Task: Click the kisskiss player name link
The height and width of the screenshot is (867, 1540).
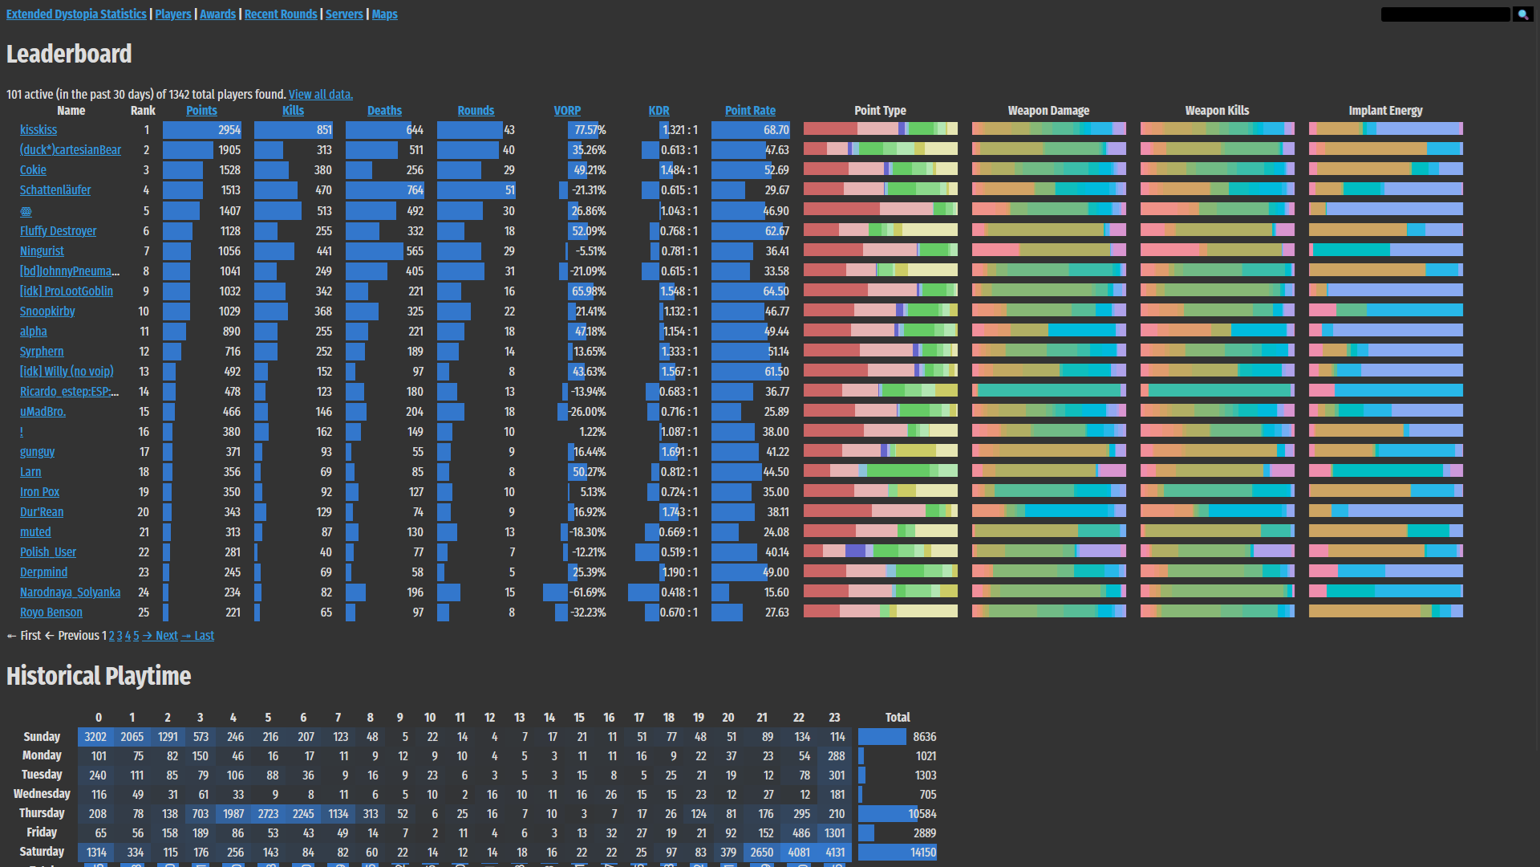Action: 38,130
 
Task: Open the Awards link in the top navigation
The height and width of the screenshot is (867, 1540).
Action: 217,14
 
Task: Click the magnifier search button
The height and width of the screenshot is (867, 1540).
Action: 1522,14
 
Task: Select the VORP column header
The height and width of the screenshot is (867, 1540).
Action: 567,111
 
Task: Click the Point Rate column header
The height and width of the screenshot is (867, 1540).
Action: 750,111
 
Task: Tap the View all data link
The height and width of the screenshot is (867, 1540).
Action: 320,95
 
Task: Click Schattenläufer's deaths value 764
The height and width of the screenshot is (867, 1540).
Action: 415,190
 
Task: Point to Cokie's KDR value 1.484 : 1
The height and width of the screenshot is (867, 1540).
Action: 679,170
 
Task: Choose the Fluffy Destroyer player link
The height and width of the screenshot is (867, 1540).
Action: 58,231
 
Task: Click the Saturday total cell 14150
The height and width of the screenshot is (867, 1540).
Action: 922,853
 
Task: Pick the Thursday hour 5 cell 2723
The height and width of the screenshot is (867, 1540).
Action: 268,814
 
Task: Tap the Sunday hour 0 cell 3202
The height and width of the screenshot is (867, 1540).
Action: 95,737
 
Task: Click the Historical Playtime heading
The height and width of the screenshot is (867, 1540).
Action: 99,676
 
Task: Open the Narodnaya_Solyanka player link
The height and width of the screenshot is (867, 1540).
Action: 70,592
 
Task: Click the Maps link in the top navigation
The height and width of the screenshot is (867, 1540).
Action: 384,14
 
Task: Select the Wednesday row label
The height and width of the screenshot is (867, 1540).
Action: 42,794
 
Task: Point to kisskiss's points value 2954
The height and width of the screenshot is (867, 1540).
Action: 229,130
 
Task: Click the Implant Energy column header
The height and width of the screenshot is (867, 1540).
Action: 1385,111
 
